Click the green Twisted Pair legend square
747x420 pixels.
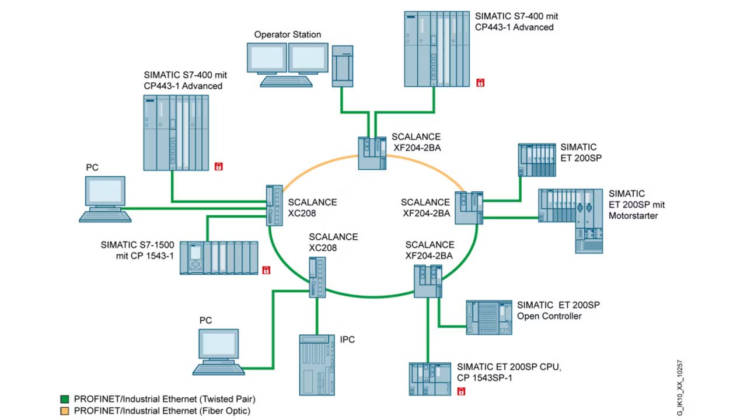point(64,399)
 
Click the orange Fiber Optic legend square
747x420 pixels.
point(64,411)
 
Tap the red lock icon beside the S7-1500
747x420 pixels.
point(266,270)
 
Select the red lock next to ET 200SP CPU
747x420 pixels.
point(461,391)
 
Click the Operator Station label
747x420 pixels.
point(288,34)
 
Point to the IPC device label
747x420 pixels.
point(347,339)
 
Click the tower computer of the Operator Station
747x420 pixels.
point(343,66)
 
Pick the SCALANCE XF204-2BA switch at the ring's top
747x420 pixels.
point(372,153)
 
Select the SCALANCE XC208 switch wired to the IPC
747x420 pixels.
point(317,277)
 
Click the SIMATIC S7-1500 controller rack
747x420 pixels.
point(219,258)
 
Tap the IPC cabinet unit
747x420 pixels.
point(317,365)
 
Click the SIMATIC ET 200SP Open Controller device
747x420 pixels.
point(489,317)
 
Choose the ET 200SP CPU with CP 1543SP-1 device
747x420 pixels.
point(430,379)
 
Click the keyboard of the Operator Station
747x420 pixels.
point(286,82)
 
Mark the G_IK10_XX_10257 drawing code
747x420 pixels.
point(680,388)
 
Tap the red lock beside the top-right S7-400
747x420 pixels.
point(480,83)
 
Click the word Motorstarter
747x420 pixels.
point(633,216)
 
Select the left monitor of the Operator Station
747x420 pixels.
point(267,58)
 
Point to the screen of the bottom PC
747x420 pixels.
point(219,344)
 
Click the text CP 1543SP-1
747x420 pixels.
point(484,377)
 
